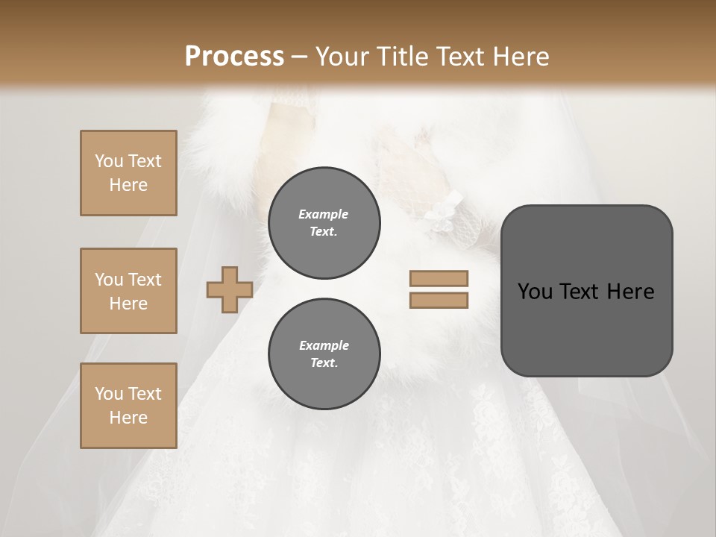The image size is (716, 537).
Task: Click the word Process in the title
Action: [234, 57]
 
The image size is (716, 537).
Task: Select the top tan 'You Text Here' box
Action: [128, 173]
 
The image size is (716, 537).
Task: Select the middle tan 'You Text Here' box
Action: [128, 291]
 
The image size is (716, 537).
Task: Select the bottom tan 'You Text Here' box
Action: [128, 406]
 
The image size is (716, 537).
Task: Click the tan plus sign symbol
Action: [230, 289]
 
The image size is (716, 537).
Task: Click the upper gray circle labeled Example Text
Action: [324, 223]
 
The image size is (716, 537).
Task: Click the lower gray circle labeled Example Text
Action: [324, 354]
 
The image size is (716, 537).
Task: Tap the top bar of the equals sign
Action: [439, 278]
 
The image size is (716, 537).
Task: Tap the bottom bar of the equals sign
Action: [439, 301]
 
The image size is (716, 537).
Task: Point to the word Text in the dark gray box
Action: [580, 292]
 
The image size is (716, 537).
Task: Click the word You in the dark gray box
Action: [534, 292]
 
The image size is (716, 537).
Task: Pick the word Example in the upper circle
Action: [324, 214]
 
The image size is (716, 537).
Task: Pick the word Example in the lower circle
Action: [324, 345]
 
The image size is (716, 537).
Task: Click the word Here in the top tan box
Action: [128, 185]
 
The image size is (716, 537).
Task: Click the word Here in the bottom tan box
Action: [128, 418]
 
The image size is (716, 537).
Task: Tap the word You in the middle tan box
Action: [109, 280]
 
